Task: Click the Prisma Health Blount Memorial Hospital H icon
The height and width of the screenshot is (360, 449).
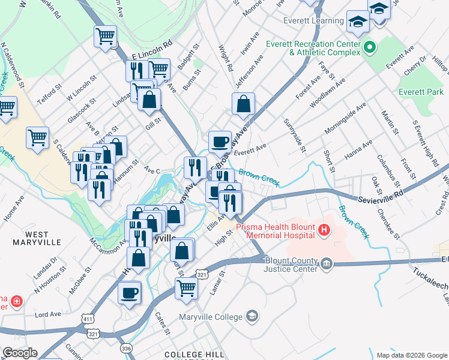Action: click(x=324, y=229)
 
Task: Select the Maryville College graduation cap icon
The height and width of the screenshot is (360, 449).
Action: click(x=253, y=316)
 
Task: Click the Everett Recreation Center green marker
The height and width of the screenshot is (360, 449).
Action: click(x=370, y=47)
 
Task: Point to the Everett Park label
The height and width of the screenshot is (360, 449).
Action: click(x=421, y=92)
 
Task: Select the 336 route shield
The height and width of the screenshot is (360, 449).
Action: click(x=126, y=347)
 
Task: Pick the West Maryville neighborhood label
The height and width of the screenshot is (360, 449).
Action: click(x=37, y=238)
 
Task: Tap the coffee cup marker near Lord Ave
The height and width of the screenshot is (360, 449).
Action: click(x=130, y=293)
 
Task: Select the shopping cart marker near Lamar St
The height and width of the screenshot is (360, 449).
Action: click(x=186, y=288)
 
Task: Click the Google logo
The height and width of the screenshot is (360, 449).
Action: click(x=20, y=353)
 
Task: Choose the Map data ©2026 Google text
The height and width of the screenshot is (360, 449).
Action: click(x=411, y=355)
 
